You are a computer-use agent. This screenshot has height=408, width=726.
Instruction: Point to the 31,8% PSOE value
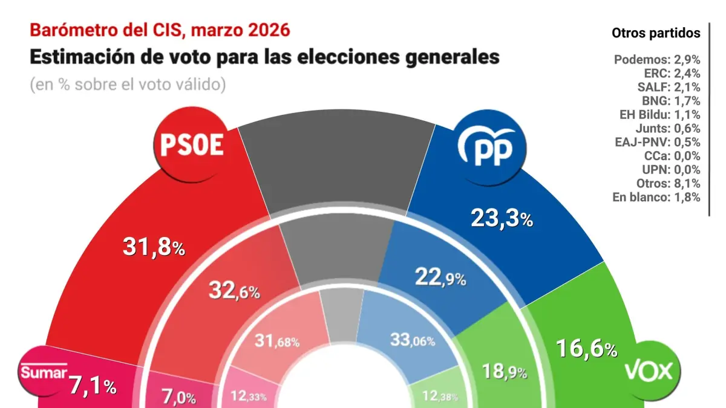coord(154,246)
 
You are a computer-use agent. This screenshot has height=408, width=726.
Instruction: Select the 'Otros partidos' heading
coord(656,33)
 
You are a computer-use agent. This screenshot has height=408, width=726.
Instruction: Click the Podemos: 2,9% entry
coord(657,59)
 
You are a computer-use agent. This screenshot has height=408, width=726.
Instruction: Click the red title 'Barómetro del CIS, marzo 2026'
coord(160,30)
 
